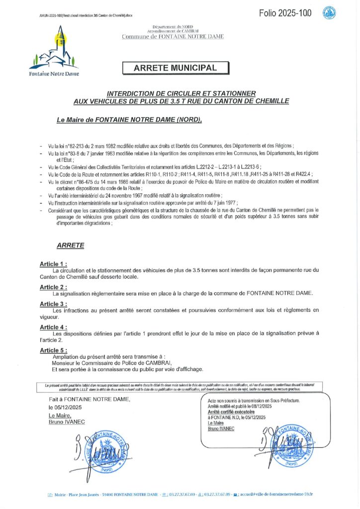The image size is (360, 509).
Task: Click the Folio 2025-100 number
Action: click(x=285, y=13)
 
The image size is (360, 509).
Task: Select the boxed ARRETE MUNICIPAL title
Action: click(x=176, y=68)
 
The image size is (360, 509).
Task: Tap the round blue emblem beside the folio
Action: click(x=329, y=13)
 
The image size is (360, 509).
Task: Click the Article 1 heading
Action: click(x=53, y=263)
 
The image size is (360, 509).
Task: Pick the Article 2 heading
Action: click(x=53, y=287)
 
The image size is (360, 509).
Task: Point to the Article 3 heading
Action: click(x=53, y=304)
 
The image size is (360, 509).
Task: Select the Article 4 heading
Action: click(x=53, y=327)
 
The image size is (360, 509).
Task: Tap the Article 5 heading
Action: click(x=53, y=350)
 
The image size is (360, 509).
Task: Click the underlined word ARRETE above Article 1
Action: click(x=71, y=245)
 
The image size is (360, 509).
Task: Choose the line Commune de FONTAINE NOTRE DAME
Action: click(x=173, y=37)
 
